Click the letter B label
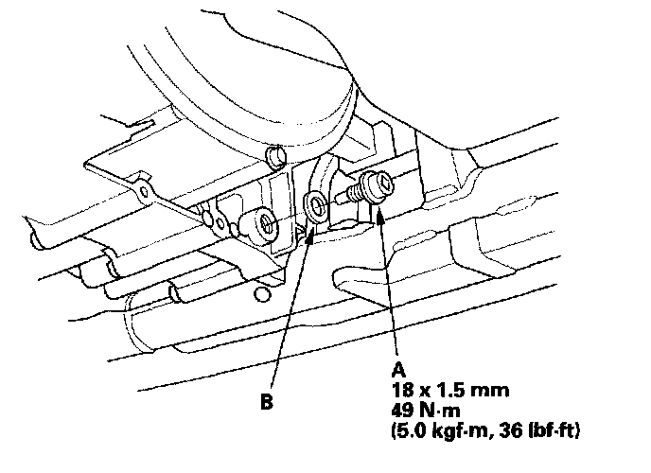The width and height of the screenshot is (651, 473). [268, 401]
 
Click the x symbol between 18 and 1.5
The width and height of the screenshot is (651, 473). [421, 389]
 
